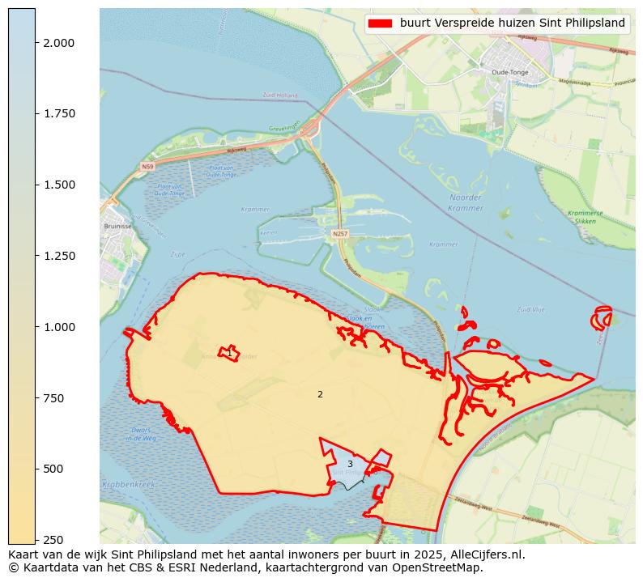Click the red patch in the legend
point(380,23)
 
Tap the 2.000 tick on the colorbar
point(58,42)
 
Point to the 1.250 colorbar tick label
point(58,256)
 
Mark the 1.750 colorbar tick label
point(58,113)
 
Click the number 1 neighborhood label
point(229,354)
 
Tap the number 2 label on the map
point(320,394)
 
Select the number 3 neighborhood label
point(350,464)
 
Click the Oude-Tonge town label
point(510,72)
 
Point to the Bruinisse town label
point(118,227)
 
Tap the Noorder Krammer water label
point(466,202)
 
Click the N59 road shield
point(147,167)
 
